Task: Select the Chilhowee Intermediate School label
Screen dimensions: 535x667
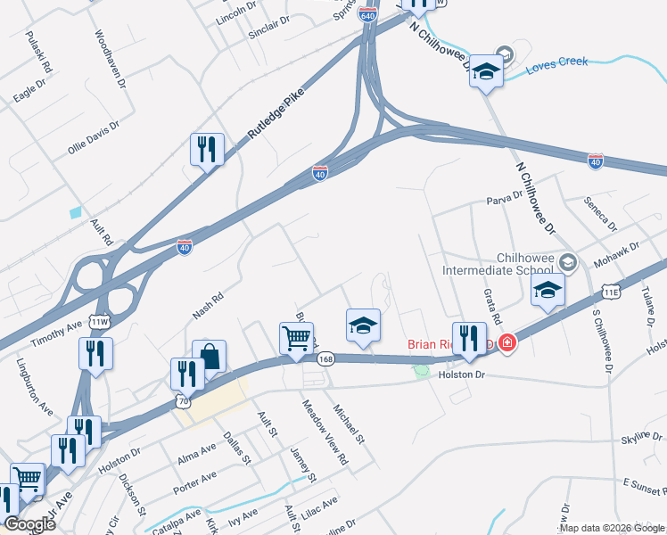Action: (506, 263)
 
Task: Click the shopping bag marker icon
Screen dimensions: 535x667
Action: (209, 355)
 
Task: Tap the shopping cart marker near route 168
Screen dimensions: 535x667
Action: (297, 337)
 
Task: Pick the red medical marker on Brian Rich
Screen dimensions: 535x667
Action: (507, 342)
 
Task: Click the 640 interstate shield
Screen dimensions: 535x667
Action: (369, 15)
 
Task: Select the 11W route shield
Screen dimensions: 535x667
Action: (100, 321)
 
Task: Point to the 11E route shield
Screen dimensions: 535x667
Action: (611, 292)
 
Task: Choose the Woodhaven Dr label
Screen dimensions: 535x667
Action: (110, 59)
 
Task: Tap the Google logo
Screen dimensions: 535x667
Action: (29, 524)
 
